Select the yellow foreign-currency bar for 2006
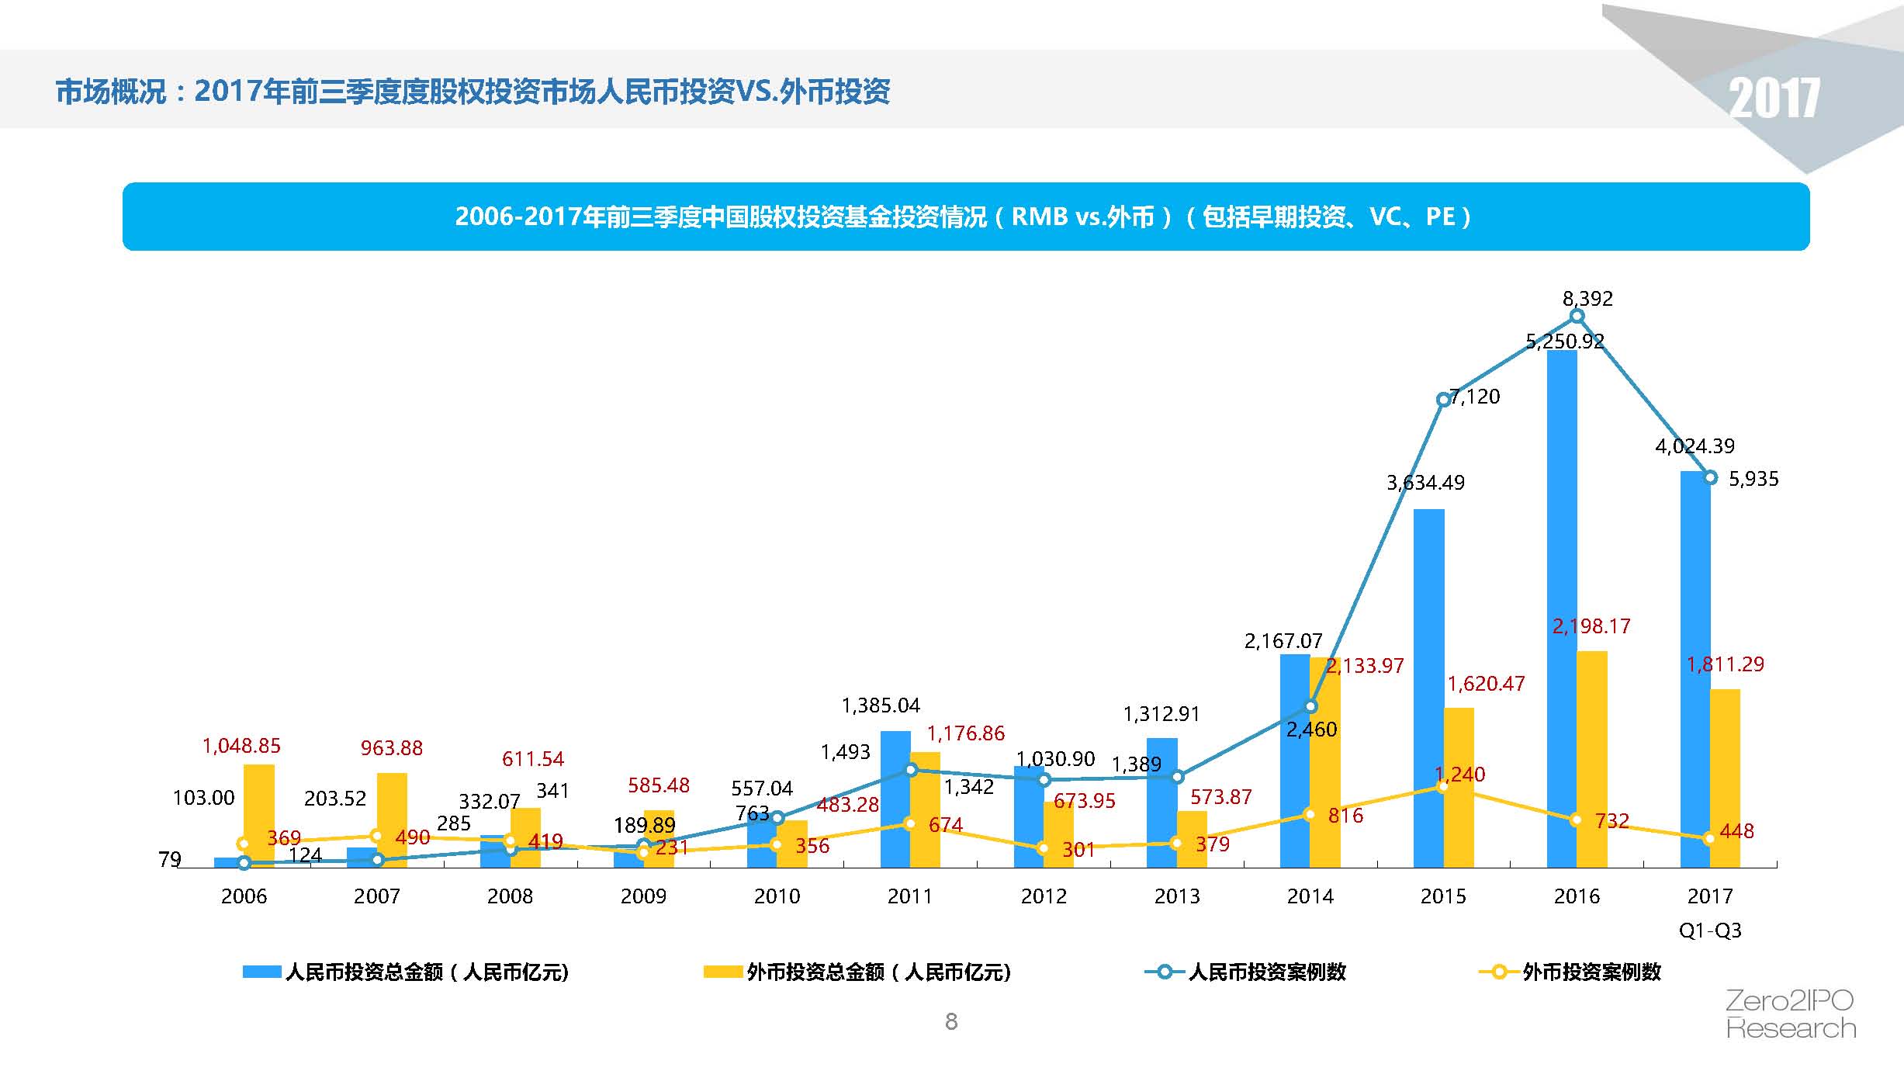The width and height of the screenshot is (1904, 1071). (x=259, y=815)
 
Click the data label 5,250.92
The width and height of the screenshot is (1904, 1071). (x=1564, y=341)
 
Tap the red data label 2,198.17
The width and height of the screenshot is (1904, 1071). (x=1591, y=626)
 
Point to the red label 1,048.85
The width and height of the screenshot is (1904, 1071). (x=241, y=746)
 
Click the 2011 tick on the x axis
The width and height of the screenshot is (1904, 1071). (x=909, y=896)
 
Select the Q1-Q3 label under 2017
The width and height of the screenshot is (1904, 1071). (x=1710, y=930)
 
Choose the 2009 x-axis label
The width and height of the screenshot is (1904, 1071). (x=643, y=896)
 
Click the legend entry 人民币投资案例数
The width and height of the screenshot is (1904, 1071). (x=1266, y=972)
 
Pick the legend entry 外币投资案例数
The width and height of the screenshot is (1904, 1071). (x=1591, y=972)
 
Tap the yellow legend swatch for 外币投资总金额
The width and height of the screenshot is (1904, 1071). (x=722, y=972)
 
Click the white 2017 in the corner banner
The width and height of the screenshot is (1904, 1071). (x=1774, y=99)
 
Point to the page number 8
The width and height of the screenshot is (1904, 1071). (x=951, y=1022)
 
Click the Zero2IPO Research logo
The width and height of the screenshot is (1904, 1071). (x=1790, y=1014)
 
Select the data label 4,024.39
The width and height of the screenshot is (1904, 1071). (x=1695, y=446)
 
